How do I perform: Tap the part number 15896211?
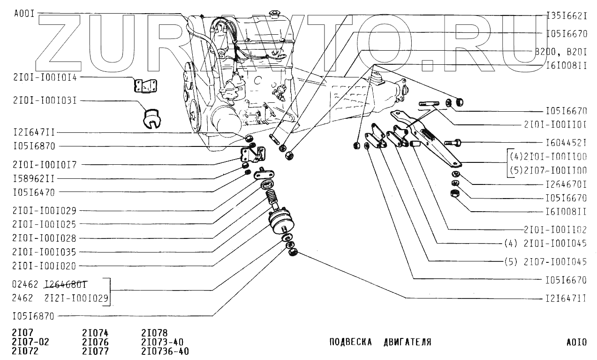(x=34, y=178)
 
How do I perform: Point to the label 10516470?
(x=34, y=192)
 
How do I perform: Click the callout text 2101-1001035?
(x=45, y=252)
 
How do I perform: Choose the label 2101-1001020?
(x=45, y=266)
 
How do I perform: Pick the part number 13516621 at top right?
(x=567, y=15)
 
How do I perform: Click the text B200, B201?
(x=560, y=52)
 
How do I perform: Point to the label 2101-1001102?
(x=555, y=230)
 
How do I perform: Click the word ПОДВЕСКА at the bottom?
(x=351, y=342)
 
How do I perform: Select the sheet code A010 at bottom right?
(x=576, y=342)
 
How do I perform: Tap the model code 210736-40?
(x=165, y=351)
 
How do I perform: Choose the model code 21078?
(x=154, y=333)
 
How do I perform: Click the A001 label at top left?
(x=24, y=14)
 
